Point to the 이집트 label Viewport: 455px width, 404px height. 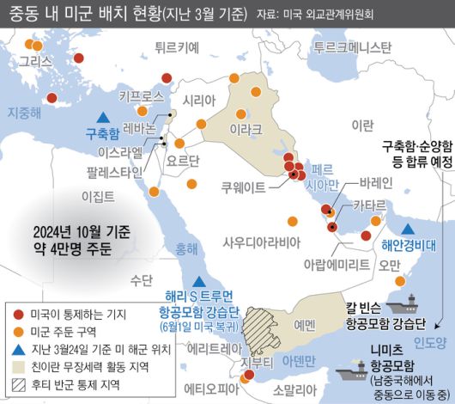pos(97,196)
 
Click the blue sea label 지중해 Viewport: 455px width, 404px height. pos(24,112)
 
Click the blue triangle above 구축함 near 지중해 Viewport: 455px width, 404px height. pos(102,117)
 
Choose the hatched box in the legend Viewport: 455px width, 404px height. pos(19,386)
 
